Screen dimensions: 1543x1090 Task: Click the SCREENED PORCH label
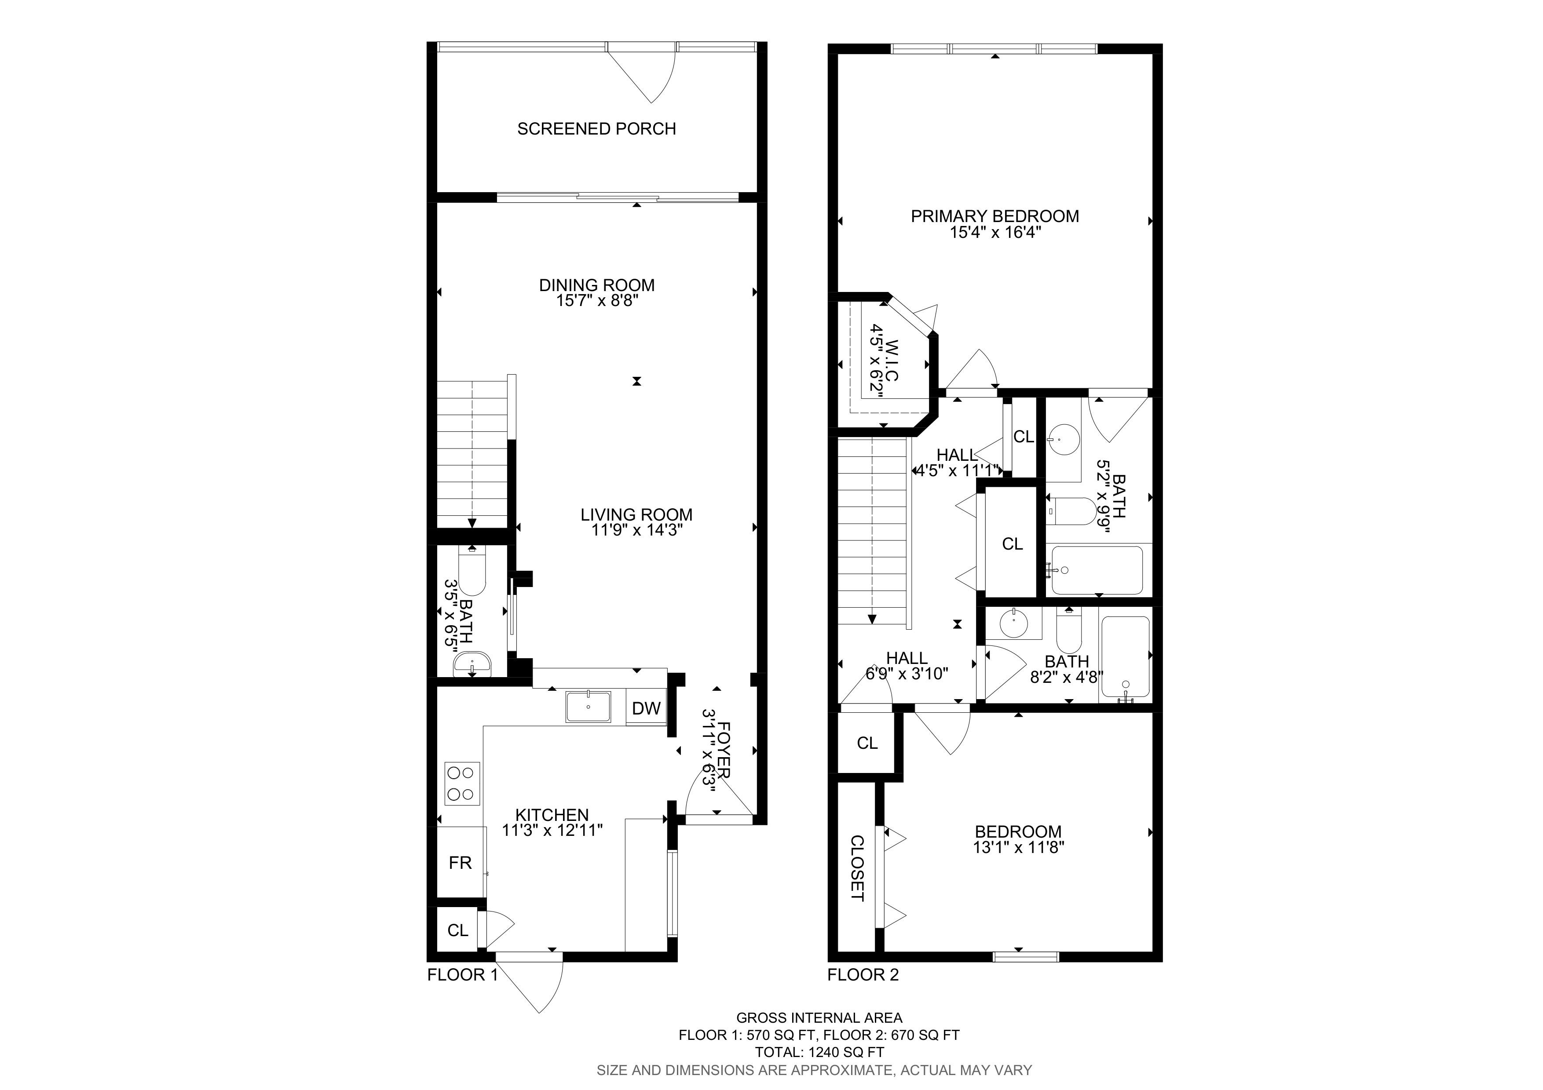(x=596, y=129)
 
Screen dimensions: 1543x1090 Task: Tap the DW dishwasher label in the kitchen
(x=647, y=708)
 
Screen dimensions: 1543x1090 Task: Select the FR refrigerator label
(x=461, y=863)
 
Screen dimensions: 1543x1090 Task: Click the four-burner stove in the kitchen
(x=462, y=784)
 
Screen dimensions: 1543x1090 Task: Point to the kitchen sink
(x=588, y=707)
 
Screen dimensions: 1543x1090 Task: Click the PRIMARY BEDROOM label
(x=995, y=216)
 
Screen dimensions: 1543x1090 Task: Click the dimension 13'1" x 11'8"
(x=1018, y=848)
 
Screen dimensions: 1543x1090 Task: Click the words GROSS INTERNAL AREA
(x=819, y=1018)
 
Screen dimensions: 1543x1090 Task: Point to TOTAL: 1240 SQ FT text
(x=819, y=1052)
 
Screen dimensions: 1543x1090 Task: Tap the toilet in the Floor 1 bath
(x=472, y=571)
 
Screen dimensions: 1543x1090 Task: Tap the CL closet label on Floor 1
(x=457, y=930)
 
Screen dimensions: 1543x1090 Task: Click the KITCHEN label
(x=552, y=815)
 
